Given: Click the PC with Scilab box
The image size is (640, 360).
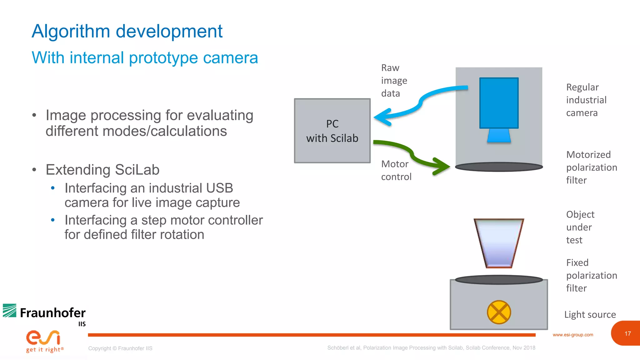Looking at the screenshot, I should (x=332, y=131).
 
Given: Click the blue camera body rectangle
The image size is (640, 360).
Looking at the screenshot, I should (x=499, y=103).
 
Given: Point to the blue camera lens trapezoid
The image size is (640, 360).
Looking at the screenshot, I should (x=499, y=136).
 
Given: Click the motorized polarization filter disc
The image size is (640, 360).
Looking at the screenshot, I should (x=499, y=167).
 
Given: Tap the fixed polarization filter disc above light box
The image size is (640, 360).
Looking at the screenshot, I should (x=499, y=279).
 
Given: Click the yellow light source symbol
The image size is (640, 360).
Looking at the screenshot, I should (x=499, y=312).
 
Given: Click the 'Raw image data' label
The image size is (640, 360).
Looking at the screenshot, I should (x=394, y=81).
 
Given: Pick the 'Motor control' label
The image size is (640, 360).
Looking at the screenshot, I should (x=396, y=170).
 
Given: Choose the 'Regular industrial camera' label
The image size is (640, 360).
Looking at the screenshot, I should (x=586, y=100).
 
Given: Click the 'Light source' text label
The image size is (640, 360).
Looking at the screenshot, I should (x=590, y=314).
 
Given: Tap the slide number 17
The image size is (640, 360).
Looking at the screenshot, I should (x=627, y=333).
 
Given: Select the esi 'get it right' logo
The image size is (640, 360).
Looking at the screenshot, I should (x=44, y=341).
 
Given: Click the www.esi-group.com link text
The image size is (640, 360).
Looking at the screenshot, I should (x=572, y=335).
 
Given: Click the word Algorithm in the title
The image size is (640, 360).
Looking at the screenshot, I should (x=71, y=32).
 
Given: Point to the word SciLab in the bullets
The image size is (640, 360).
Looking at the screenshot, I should (x=137, y=170).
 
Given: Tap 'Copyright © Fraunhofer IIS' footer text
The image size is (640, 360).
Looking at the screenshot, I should (x=120, y=348).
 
